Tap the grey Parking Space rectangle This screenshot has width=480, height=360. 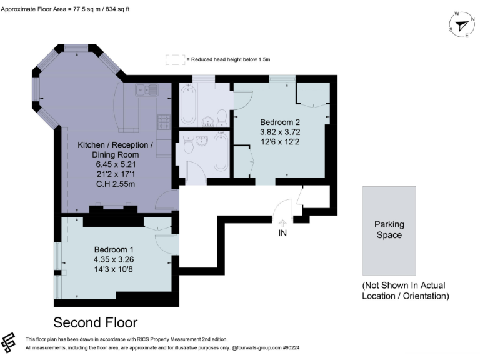click(389, 231)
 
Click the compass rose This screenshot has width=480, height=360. click(461, 26)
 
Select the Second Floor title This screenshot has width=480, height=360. click(95, 322)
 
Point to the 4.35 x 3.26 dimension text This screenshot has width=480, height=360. click(114, 259)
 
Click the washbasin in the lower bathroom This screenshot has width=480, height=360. click(201, 141)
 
